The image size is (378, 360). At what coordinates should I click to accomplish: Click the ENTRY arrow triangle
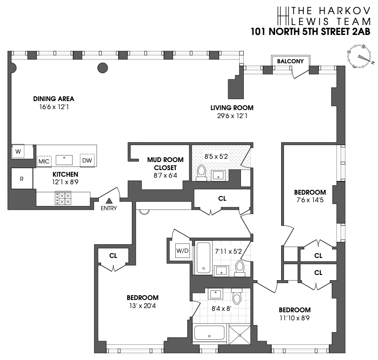click(x=108, y=202)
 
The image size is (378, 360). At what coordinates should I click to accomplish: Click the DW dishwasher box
click(x=87, y=161)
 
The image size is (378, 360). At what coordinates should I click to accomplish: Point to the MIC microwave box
click(x=44, y=161)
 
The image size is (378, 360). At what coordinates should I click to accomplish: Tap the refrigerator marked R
click(x=22, y=179)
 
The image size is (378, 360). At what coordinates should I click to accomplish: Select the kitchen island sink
click(x=64, y=159)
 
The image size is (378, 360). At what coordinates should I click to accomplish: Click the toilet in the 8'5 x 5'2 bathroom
click(x=201, y=173)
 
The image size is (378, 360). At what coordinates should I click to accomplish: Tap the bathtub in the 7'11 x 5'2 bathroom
click(x=203, y=257)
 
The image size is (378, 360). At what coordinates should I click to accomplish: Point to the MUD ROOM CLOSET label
click(x=162, y=163)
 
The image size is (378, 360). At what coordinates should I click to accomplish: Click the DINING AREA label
click(x=54, y=99)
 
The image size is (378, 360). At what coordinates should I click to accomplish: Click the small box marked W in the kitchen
click(x=18, y=152)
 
